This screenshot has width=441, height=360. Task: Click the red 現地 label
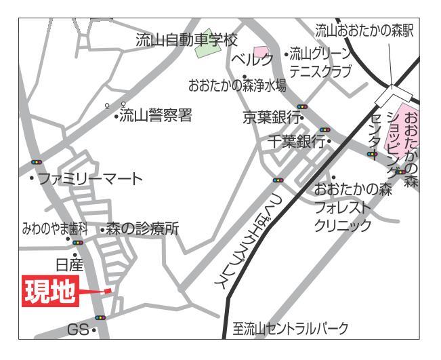(50, 289)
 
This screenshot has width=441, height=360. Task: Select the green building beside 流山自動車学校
(204, 33)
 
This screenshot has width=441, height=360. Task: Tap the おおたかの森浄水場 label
(237, 86)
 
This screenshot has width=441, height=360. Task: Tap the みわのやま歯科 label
(48, 229)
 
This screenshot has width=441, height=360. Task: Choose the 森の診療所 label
(142, 229)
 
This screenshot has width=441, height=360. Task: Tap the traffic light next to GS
(100, 317)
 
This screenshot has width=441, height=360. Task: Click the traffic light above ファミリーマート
(36, 163)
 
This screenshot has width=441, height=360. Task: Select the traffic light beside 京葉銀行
(301, 106)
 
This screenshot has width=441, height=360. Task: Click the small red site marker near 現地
(107, 291)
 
